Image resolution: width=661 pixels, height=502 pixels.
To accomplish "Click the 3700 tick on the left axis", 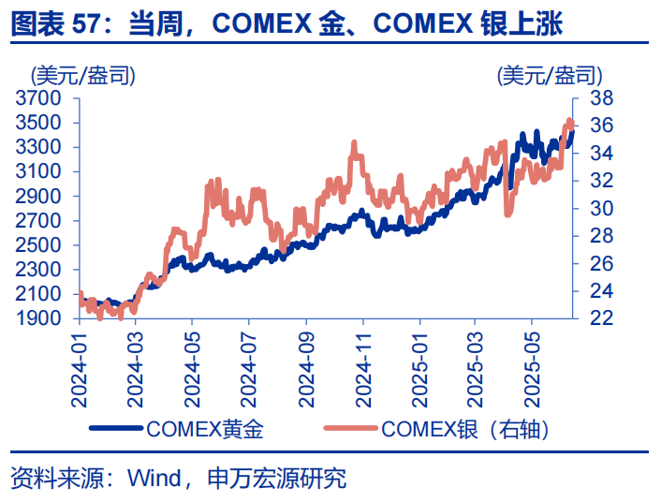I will click(39, 98).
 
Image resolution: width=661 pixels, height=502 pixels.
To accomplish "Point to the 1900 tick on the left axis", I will click(39, 318).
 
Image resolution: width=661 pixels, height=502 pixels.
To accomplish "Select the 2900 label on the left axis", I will click(39, 196).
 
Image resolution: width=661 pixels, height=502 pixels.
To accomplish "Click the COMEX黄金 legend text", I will click(205, 431).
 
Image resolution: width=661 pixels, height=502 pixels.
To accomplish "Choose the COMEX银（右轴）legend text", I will click(464, 431).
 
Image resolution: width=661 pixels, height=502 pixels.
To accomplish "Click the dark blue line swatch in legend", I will click(117, 431).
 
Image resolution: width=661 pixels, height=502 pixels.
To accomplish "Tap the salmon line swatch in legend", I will click(351, 431).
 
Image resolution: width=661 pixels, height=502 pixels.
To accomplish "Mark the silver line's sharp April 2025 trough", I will click(508, 214).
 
